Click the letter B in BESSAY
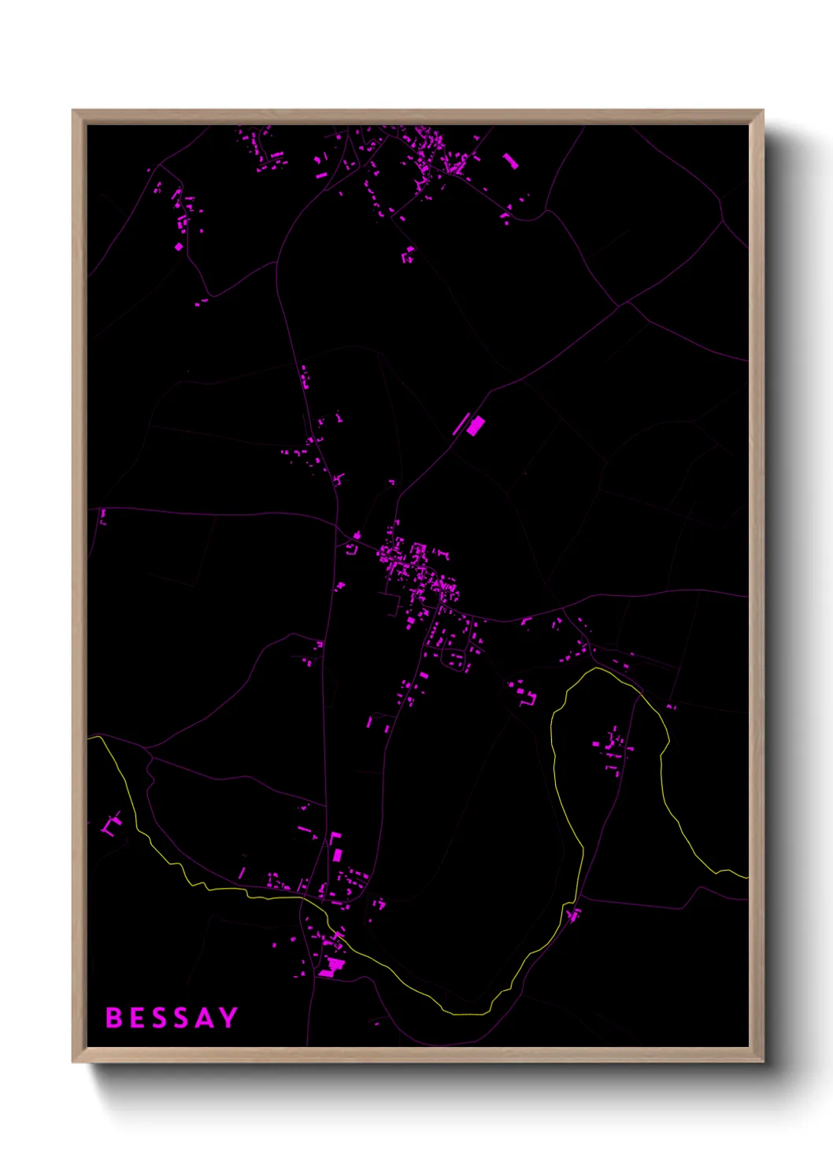click(x=114, y=1018)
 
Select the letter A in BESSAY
click(x=204, y=1018)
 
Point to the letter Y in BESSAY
click(x=228, y=1018)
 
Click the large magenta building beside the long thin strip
click(x=476, y=426)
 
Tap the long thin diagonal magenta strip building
click(x=461, y=423)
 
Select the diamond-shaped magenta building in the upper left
click(x=179, y=246)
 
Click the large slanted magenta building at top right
click(x=510, y=161)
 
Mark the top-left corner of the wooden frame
click(x=73, y=111)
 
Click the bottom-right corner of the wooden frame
click(x=762, y=1061)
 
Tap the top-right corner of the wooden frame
click(x=762, y=111)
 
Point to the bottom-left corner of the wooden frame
click(x=73, y=1061)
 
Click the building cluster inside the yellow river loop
click(x=613, y=748)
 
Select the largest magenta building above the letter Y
click(x=331, y=964)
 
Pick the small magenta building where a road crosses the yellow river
click(x=573, y=914)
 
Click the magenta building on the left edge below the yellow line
click(x=110, y=827)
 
